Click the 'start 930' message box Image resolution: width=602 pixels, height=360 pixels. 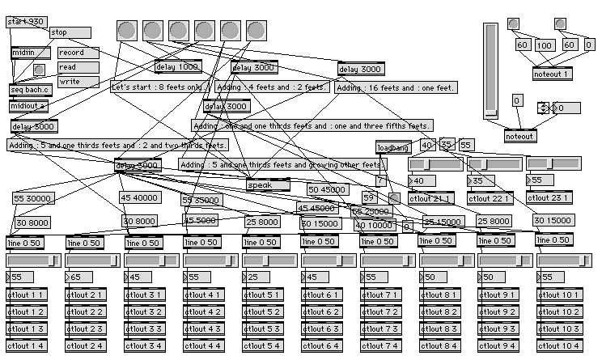click(26, 22)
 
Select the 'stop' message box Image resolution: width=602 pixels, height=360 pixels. click(70, 32)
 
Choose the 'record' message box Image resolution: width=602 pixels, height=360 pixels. click(78, 53)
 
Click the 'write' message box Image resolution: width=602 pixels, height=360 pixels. click(78, 82)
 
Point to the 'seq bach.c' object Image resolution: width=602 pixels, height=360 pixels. click(30, 89)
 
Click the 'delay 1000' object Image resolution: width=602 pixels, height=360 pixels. click(177, 66)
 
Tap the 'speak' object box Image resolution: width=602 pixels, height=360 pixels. click(268, 184)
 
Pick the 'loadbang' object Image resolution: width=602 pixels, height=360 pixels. click(394, 148)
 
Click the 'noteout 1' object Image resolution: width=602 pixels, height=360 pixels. click(553, 74)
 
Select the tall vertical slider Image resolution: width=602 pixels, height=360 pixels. click(490, 70)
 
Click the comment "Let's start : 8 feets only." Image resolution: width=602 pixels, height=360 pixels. click(160, 87)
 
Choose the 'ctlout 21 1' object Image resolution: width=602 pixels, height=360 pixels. click(431, 197)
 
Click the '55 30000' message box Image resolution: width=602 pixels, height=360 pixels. click(33, 198)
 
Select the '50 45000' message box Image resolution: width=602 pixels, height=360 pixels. click(328, 190)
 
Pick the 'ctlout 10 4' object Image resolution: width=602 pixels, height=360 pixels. click(559, 345)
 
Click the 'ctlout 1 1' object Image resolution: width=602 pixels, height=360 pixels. click(27, 294)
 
